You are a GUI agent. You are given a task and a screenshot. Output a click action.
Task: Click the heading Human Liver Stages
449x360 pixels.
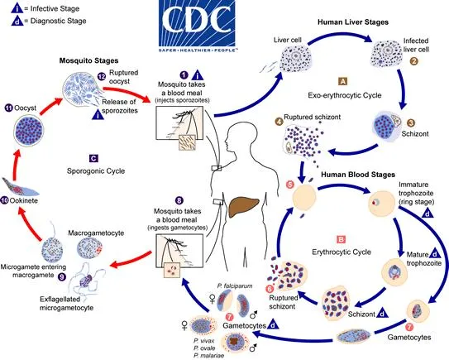pyautogui.click(x=356, y=22)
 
